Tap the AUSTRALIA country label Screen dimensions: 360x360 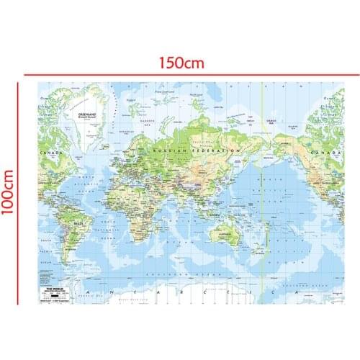tap(222, 235)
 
